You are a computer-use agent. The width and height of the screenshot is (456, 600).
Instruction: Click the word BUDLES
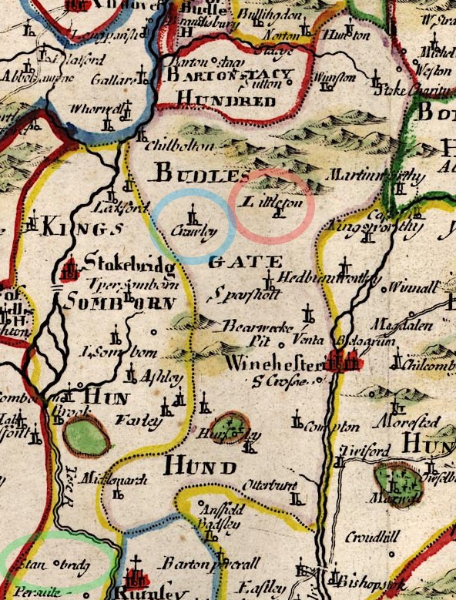coord(192,173)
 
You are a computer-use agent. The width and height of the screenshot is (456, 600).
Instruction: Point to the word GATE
coord(235,262)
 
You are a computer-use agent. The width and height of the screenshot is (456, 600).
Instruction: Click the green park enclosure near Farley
coord(86,435)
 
